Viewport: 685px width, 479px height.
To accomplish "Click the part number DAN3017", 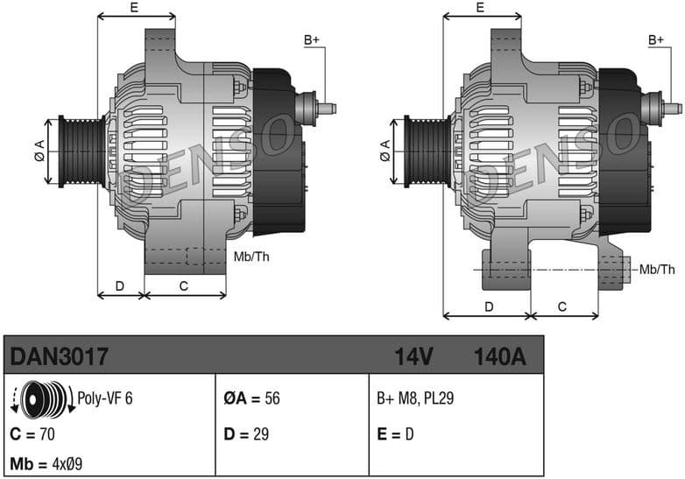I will pyautogui.click(x=59, y=356).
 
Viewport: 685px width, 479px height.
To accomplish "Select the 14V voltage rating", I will pyautogui.click(x=413, y=356).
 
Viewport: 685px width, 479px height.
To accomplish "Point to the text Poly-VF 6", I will pyautogui.click(x=105, y=398).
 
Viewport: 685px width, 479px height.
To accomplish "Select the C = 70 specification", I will pyautogui.click(x=34, y=434).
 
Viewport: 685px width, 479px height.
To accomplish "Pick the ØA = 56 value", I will pyautogui.click(x=251, y=398).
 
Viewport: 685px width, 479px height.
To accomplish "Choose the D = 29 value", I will pyautogui.click(x=246, y=434).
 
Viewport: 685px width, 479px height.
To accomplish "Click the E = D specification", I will pyautogui.click(x=395, y=434).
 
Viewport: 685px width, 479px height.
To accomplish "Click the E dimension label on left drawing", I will pyautogui.click(x=134, y=8).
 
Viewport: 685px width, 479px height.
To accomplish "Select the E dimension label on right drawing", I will pyautogui.click(x=480, y=8).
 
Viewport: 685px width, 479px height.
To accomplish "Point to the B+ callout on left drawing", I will pyautogui.click(x=312, y=40).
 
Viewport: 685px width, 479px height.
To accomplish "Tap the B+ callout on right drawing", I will pyautogui.click(x=657, y=40).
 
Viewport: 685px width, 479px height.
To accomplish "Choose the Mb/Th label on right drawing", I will pyautogui.click(x=657, y=269).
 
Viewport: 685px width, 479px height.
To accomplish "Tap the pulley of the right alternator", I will pyautogui.click(x=426, y=151).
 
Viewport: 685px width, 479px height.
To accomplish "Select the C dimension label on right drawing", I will pyautogui.click(x=562, y=306).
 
